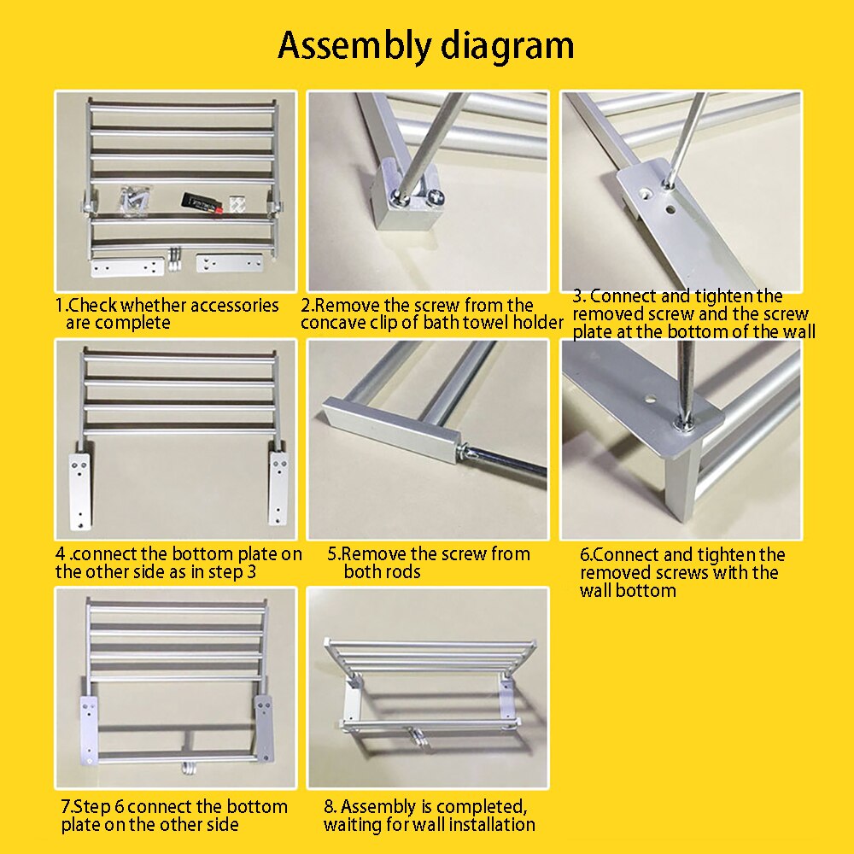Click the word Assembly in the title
tap(354, 47)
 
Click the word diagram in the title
tap(507, 47)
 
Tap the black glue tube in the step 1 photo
tap(202, 202)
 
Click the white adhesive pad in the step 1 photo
tap(236, 202)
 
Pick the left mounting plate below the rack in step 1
tap(127, 267)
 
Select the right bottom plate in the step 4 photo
tap(278, 488)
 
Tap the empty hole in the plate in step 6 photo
tap(650, 399)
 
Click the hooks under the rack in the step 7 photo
tap(188, 768)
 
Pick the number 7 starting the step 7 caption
tap(66, 807)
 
